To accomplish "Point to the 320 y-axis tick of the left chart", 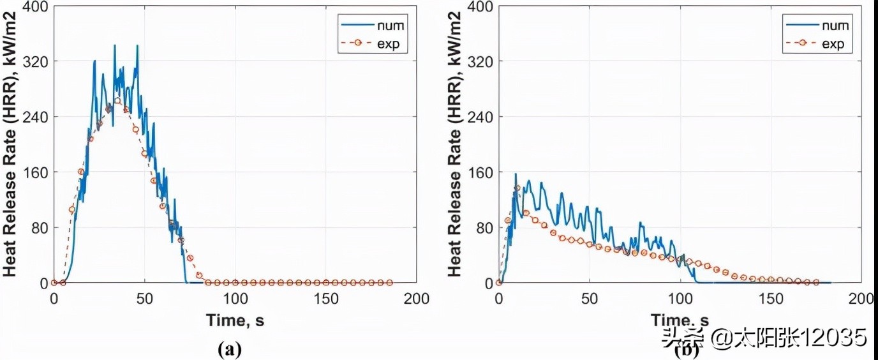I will point(35,61).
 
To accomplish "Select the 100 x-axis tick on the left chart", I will point(235,298).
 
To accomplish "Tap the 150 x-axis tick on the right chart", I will point(771,298).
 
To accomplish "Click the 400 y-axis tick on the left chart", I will point(35,6).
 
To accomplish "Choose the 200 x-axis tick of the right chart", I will point(861,298).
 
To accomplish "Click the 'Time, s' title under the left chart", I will point(235,320).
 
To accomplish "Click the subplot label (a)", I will point(230,349).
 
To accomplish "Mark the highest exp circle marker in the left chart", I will point(117,101).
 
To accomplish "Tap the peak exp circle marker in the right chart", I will point(517,188).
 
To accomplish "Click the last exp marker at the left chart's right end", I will point(390,282).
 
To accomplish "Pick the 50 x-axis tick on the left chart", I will point(145,298).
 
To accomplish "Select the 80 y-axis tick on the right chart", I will point(483,228).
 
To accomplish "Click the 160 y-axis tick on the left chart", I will point(35,172).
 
